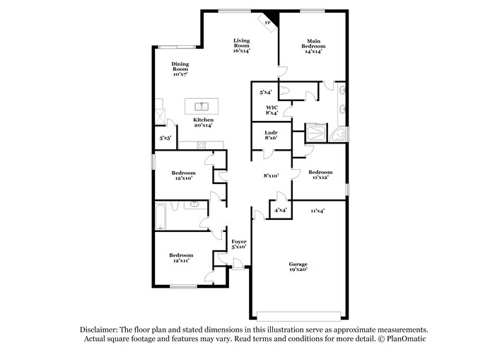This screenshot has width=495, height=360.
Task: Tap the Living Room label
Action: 242,45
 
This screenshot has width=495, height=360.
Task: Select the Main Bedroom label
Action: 314,45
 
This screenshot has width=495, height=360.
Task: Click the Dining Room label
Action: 180,69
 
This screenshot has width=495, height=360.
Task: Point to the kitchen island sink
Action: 202,107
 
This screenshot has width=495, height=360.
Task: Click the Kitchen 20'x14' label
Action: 204,122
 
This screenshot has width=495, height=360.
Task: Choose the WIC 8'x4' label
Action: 272,110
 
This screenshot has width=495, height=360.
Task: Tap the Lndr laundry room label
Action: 271,135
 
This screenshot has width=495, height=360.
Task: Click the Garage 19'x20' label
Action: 298,267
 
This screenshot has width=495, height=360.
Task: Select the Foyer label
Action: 239,244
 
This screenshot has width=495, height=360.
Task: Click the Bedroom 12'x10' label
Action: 183,175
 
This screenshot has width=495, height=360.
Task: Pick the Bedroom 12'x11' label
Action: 181,258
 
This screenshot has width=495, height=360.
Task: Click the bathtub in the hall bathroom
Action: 161,217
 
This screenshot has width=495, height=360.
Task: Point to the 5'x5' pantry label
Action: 165,138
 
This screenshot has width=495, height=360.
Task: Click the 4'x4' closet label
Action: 280,209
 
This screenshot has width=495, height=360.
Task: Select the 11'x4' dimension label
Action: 318,210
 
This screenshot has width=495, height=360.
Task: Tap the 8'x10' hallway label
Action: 272,175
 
